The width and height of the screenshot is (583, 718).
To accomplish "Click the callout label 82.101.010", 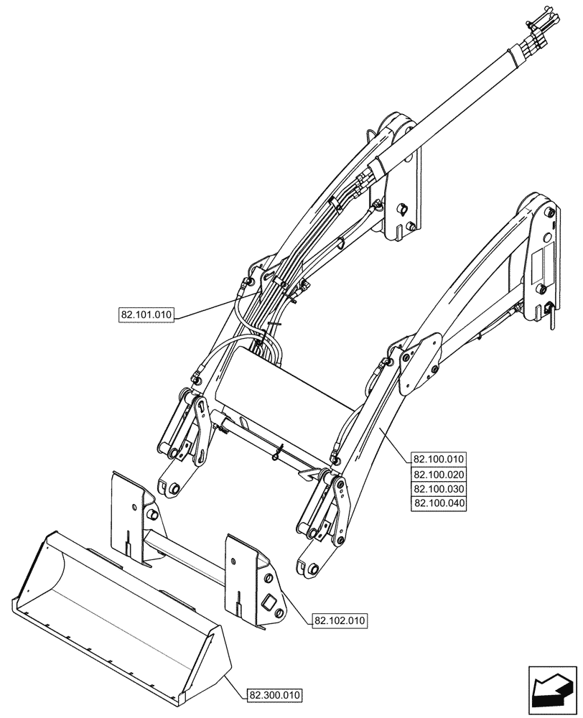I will coord(147,315).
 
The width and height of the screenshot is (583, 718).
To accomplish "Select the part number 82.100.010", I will coord(439,460).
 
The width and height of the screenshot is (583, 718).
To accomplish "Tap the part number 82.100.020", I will coord(439,475).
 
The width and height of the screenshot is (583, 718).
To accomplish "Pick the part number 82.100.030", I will coord(439,489).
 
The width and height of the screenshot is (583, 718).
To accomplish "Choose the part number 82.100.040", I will coord(439,503).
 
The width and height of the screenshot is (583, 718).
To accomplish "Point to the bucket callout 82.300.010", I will coord(275,695).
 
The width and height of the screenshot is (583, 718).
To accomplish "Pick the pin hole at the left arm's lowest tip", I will coord(172,490).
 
